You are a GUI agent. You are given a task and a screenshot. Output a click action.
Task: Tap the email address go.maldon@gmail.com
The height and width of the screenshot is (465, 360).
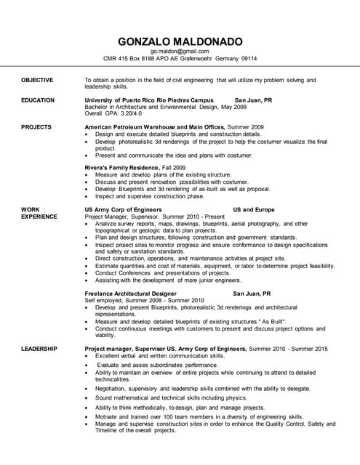pos(180,52)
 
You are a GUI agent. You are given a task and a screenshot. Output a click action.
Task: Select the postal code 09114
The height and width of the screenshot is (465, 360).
pos(249,59)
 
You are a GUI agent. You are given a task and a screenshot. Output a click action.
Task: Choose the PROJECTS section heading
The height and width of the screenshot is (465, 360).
pos(36,127)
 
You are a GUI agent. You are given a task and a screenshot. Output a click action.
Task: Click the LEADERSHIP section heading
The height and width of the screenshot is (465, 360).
pos(39,349)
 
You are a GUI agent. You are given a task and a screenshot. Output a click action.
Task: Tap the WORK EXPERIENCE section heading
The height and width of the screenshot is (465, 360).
pos(36,213)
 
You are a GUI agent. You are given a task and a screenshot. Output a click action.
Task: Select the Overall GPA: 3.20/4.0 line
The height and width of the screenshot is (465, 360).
pos(113,113)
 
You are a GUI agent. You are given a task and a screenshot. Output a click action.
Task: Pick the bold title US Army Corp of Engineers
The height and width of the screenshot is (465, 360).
pos(123,209)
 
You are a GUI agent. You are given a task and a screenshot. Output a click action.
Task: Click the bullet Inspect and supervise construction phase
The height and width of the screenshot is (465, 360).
pos(150,195)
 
